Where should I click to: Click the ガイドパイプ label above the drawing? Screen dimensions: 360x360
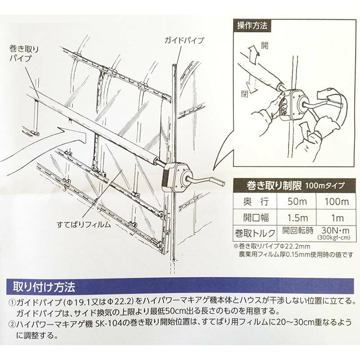pos(184,40)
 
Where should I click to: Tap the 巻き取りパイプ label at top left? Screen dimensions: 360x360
pos(24,54)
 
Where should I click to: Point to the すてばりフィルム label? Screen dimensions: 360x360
pos(84,224)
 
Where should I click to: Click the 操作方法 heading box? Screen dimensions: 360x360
pos(252,26)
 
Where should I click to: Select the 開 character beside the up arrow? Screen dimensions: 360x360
pos(265,45)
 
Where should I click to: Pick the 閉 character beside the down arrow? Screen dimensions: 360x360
pos(245,94)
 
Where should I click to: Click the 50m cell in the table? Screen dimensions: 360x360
pos(297,202)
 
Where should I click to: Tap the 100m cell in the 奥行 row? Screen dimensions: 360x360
pos(337,202)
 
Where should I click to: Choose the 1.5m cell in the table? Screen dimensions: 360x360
pos(297,218)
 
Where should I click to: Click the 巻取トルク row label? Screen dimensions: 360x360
pos(255,233)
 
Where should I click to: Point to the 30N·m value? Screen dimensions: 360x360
pos(335,230)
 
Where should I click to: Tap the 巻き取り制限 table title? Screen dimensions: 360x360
pos(274,185)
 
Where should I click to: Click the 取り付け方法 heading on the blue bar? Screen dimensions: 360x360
pos(44,287)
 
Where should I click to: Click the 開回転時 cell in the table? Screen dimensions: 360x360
pos(298,230)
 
